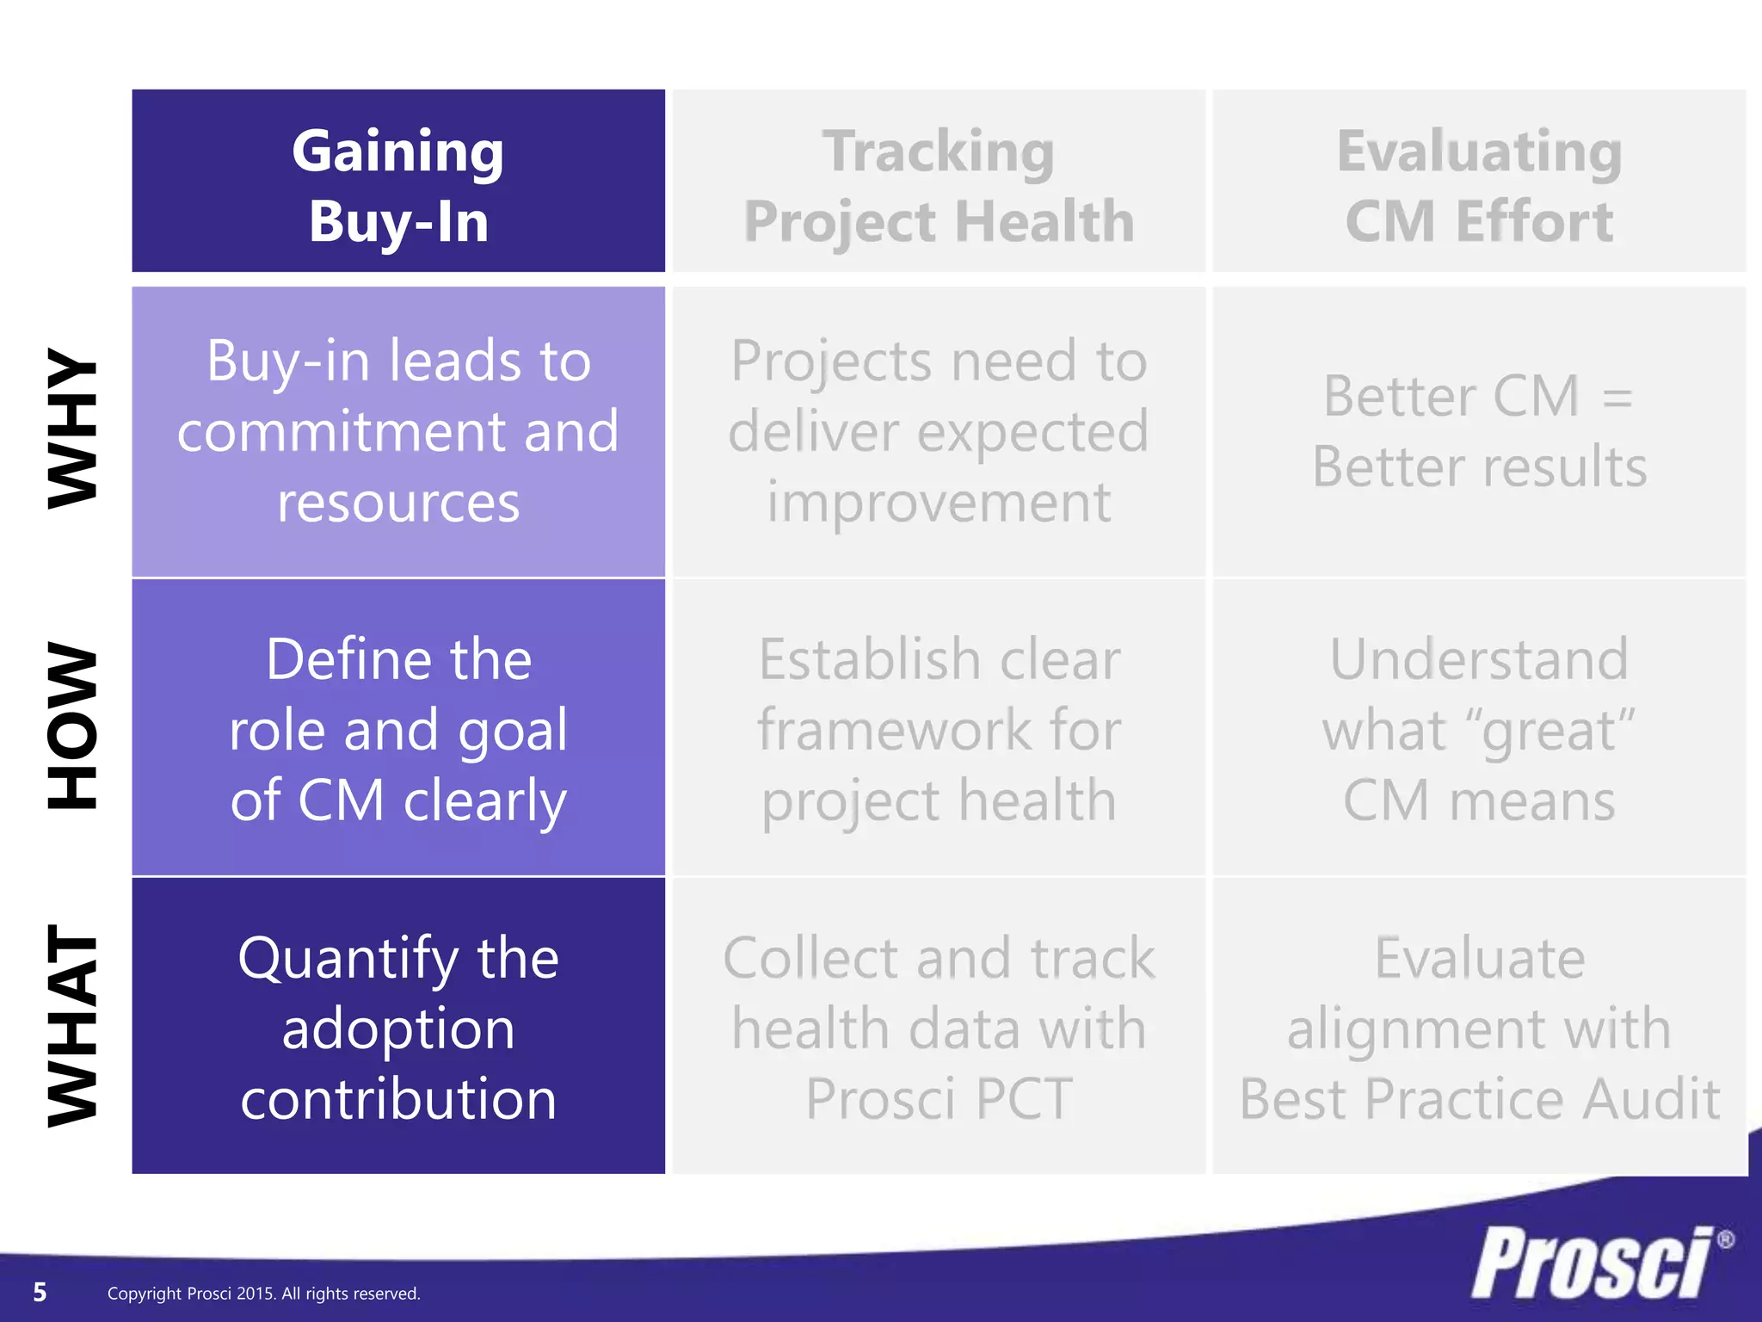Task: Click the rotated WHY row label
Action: [72, 428]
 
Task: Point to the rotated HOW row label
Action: [72, 726]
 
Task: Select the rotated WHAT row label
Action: [72, 1026]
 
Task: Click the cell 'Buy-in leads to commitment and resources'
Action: [398, 431]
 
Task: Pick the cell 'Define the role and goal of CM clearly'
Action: [398, 728]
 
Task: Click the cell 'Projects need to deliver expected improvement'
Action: [939, 431]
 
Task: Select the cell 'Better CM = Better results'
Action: [1479, 431]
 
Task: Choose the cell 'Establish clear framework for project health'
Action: [939, 728]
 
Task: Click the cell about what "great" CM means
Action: [1479, 728]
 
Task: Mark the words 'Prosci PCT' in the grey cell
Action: [939, 1099]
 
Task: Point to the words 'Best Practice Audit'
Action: [1479, 1099]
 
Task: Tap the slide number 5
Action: [40, 1292]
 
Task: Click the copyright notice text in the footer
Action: [263, 1294]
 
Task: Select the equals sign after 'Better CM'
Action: [1617, 398]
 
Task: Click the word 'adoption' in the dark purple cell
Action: [398, 1029]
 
